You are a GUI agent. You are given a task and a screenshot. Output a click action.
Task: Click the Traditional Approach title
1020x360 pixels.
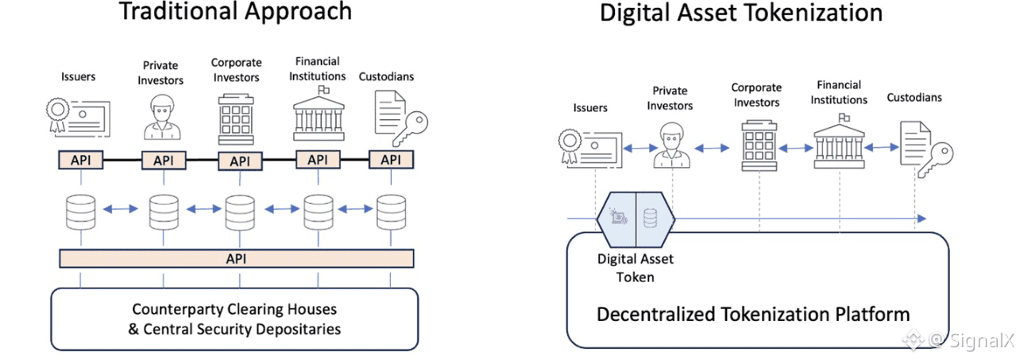[x=234, y=12]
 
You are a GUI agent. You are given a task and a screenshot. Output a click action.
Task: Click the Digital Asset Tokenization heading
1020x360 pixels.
[x=740, y=13]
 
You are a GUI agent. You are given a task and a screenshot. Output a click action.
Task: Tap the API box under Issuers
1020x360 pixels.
[x=80, y=161]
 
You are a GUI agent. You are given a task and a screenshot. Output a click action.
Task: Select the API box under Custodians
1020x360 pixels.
[x=391, y=160]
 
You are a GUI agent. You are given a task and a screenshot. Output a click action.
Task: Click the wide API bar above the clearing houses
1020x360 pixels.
[x=237, y=258]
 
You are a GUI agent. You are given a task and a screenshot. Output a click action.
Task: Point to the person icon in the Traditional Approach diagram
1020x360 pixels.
[x=162, y=118]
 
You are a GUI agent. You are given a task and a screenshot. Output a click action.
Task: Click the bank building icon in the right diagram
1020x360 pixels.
[x=837, y=143]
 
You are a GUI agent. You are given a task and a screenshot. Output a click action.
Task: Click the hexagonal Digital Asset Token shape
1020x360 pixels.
[x=636, y=219]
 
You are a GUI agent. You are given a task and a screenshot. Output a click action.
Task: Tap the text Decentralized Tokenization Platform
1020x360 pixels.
[x=752, y=313]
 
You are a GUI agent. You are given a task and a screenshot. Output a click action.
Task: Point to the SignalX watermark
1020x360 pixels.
[x=963, y=341]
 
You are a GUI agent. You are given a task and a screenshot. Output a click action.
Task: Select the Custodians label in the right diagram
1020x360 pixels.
[x=914, y=98]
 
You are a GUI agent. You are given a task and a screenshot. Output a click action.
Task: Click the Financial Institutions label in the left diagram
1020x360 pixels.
[x=317, y=69]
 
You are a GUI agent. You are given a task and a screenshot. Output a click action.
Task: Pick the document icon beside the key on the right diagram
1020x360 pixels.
[x=913, y=143]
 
